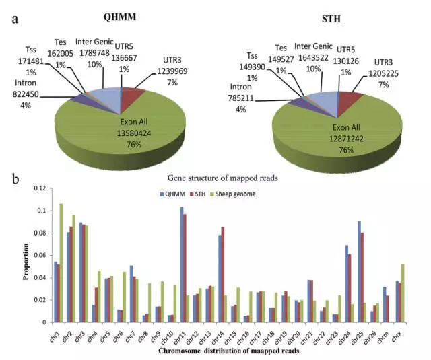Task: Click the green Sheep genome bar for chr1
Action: (x=61, y=262)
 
